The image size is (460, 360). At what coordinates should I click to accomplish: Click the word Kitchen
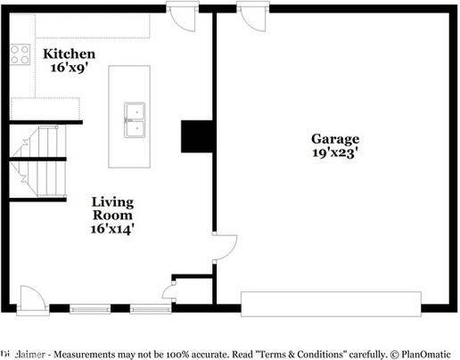coord(70,54)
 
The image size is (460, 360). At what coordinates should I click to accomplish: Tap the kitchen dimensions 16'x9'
coord(70,68)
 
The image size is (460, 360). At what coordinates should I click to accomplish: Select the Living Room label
coord(113,209)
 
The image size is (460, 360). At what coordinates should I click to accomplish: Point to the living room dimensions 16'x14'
coord(113,229)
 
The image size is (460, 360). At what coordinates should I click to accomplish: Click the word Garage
coord(335,139)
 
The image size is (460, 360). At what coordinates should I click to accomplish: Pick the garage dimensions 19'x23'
coord(335,152)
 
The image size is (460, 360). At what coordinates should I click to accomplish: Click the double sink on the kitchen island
coord(135,119)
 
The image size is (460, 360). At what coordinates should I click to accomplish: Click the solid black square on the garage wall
coord(198,136)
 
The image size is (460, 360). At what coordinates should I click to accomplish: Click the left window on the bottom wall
coord(90,309)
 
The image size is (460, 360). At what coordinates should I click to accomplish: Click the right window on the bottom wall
coord(150,309)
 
